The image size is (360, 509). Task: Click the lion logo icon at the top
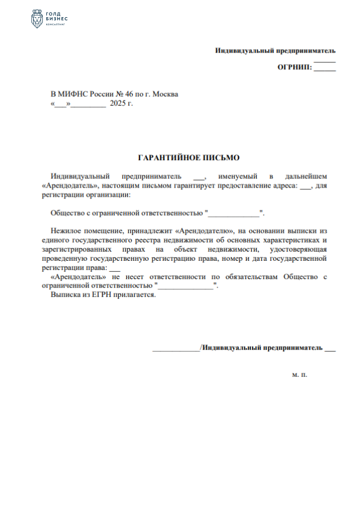tap(35, 19)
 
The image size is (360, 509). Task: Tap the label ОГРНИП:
tap(295, 67)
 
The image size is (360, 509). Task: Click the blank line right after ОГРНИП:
tap(325, 69)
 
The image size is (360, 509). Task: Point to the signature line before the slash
tap(176, 348)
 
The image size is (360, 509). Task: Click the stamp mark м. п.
tap(299, 375)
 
